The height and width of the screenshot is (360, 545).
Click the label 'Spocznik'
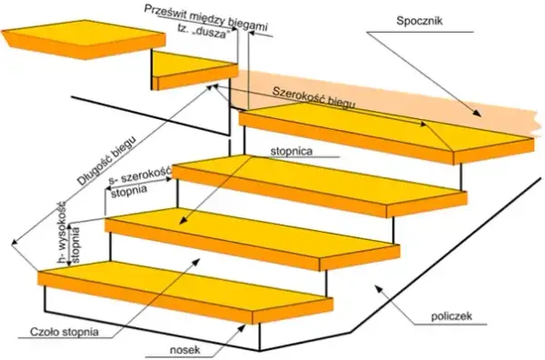coord(420,21)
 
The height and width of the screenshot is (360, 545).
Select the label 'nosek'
coord(185,349)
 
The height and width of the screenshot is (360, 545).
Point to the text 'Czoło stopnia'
coord(64,332)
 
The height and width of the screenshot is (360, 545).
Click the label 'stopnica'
coord(292,151)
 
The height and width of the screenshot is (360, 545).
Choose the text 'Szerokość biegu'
coord(314,98)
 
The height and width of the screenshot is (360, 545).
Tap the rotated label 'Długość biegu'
coord(105,159)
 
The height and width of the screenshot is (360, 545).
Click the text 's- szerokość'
coord(140,175)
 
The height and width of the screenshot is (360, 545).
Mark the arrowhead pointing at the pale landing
coord(477,113)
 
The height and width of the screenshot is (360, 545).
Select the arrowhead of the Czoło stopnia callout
coord(197,261)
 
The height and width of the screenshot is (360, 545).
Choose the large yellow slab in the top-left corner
coord(84,39)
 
